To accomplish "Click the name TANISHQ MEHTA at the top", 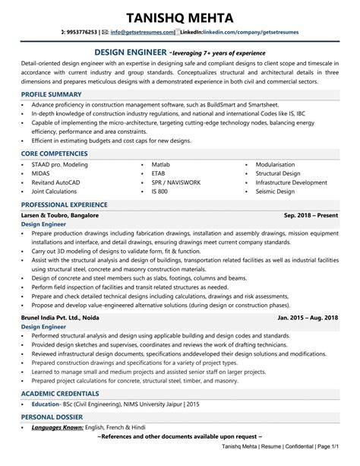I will (180, 14).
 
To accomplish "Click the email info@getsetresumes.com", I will (141, 33).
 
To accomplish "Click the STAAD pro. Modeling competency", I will (60, 164).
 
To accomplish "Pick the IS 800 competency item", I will (159, 192).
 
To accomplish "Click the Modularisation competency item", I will (279, 164).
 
